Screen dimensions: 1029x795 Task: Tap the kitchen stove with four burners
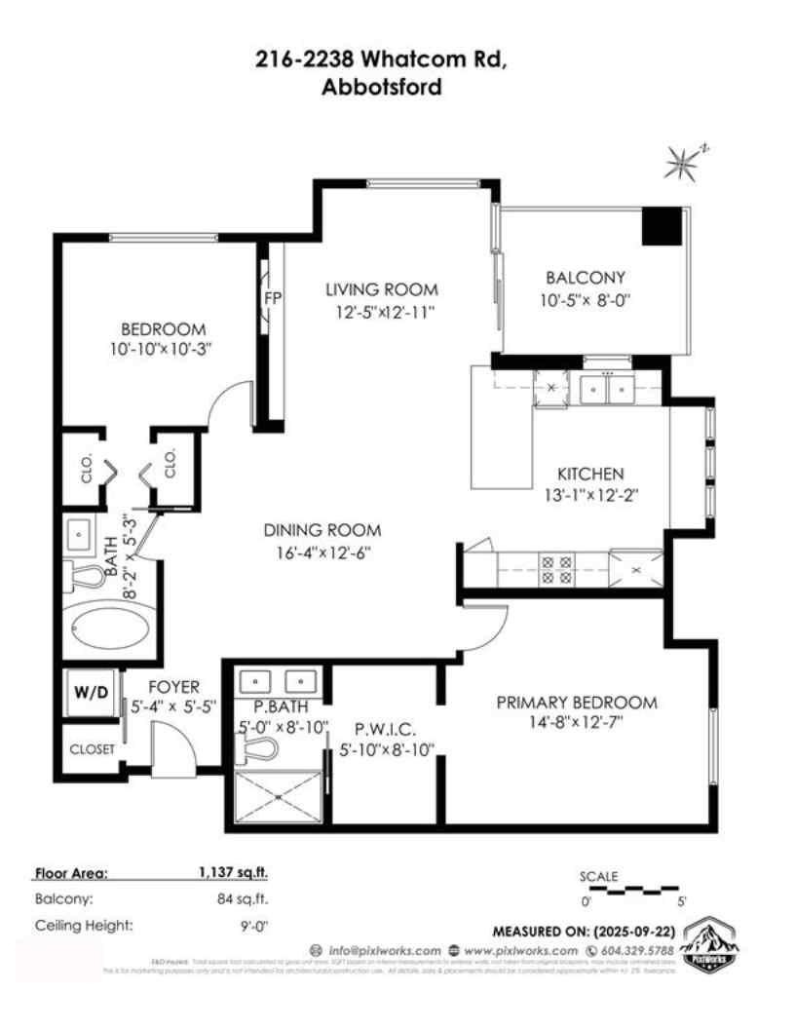tap(557, 569)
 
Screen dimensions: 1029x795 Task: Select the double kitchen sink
tap(606, 389)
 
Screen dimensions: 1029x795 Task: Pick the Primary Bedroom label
tap(577, 703)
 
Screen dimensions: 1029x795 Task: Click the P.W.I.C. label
tap(385, 727)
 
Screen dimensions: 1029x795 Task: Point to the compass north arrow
tap(682, 161)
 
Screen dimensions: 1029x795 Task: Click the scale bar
tap(629, 889)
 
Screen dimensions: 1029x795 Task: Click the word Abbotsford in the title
tap(381, 87)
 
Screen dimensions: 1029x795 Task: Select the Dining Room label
tap(322, 531)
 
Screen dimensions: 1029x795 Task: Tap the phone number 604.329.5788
tap(636, 950)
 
